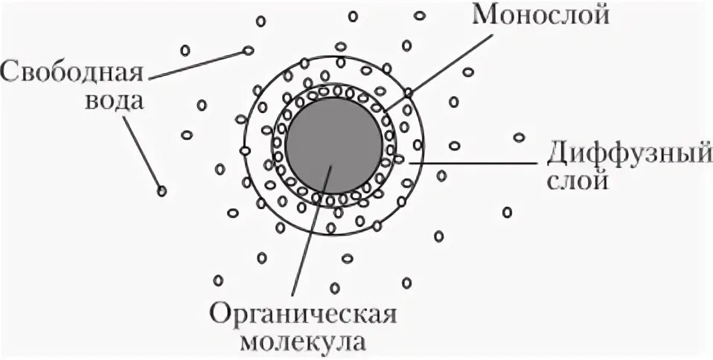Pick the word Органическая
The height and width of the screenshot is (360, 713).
coord(301,315)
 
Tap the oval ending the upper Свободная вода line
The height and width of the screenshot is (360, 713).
coord(248,51)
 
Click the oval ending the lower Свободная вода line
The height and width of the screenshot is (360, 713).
coord(162,191)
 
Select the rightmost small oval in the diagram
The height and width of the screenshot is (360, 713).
coord(519,137)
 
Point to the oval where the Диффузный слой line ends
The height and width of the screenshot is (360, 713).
coord(398,159)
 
